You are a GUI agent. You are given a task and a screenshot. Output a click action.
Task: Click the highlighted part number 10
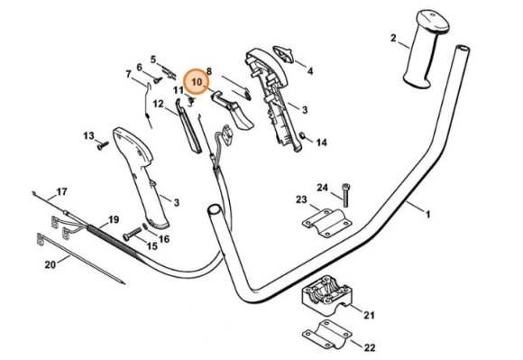(197, 82)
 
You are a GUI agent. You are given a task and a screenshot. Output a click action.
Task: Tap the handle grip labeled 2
(425, 49)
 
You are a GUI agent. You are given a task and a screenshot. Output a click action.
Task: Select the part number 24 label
(322, 188)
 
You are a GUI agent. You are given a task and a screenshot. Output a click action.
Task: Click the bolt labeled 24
(345, 195)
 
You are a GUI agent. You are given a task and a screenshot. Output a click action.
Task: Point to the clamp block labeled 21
(326, 295)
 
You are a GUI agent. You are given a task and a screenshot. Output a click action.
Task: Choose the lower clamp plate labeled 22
(326, 335)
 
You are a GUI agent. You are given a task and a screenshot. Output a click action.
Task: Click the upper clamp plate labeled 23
(326, 223)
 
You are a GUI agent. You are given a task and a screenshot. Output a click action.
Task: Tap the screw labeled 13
(103, 145)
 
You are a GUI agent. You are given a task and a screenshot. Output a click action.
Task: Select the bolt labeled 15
(133, 234)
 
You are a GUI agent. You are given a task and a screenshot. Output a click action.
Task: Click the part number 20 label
(50, 265)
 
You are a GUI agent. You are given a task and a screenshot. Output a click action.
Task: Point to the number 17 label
(61, 192)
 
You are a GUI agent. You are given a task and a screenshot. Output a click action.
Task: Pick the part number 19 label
(114, 220)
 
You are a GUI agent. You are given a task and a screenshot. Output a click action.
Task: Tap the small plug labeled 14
(302, 135)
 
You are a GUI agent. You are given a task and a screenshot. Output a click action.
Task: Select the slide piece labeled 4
(283, 54)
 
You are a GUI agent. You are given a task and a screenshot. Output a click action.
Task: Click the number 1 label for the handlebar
(427, 214)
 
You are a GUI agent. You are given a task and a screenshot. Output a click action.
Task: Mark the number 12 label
(159, 104)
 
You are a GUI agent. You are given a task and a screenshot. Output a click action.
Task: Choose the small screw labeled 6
(158, 80)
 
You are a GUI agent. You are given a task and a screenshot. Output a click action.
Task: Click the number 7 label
(128, 74)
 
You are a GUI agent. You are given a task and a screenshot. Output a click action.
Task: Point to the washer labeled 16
(146, 226)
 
